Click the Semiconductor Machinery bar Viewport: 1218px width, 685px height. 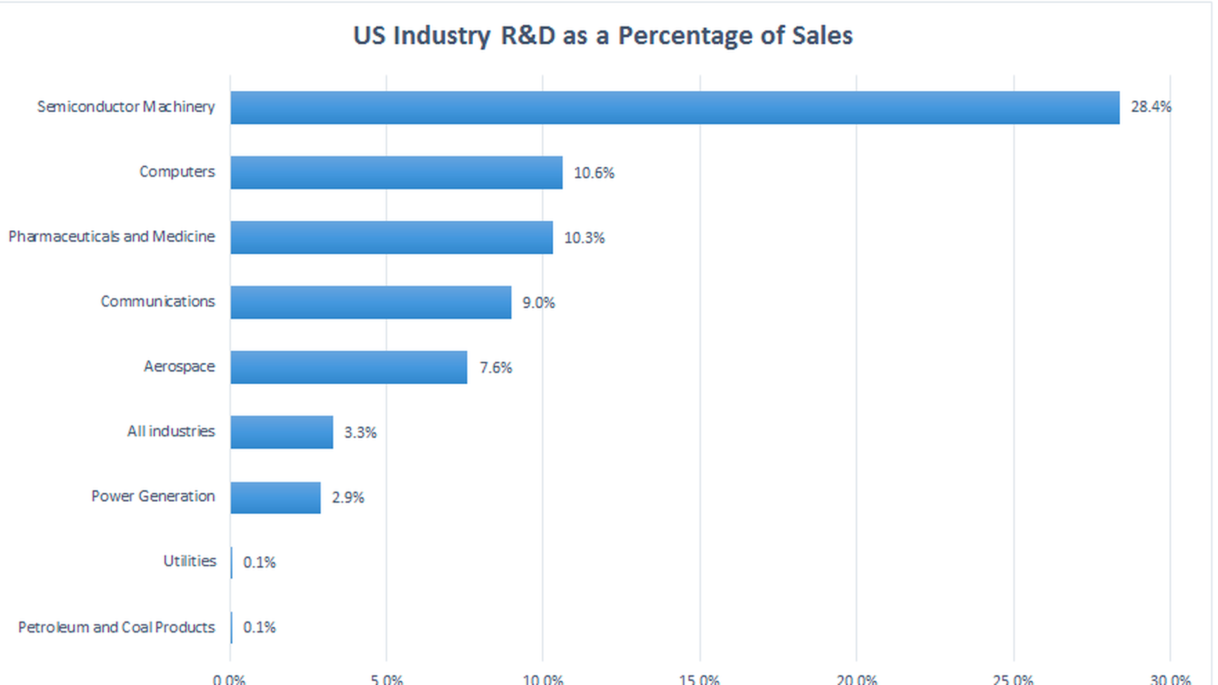(x=674, y=107)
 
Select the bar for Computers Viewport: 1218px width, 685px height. (x=396, y=173)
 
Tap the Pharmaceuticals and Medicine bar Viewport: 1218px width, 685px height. (x=391, y=237)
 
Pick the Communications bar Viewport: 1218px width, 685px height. (x=370, y=303)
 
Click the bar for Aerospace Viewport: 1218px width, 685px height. (x=348, y=367)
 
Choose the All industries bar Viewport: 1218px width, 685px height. (x=282, y=432)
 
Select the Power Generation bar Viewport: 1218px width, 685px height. (x=275, y=497)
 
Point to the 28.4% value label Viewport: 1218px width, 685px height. (x=1151, y=107)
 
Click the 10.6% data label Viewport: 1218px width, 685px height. (x=594, y=173)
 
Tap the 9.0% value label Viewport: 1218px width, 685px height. (x=539, y=303)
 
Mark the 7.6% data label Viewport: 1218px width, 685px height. (x=495, y=368)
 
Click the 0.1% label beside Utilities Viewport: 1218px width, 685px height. (x=259, y=563)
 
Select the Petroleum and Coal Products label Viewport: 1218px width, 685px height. (x=116, y=627)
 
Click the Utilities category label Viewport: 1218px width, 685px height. (x=190, y=561)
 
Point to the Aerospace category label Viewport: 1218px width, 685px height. (x=179, y=367)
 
